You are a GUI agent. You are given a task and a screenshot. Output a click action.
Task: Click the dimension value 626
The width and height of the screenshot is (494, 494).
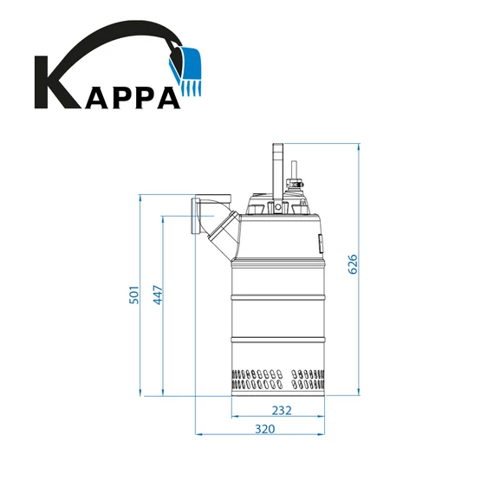[x=353, y=263]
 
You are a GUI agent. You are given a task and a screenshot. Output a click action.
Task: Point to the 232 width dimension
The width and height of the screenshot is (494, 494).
[x=281, y=410]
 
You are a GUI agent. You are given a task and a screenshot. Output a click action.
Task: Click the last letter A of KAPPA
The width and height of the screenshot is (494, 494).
[x=166, y=94]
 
